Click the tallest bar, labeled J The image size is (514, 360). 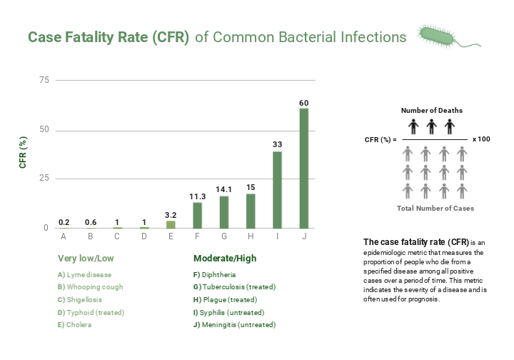pos(304,168)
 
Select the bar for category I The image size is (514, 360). pos(278,189)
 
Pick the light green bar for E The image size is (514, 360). pos(171,224)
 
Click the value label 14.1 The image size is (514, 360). pos(224,189)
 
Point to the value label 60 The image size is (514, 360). pos(304,102)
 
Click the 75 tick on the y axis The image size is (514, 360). pos(44,81)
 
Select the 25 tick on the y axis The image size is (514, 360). pos(44,179)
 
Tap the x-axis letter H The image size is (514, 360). pos(251,236)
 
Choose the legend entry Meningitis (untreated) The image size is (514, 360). pos(234,325)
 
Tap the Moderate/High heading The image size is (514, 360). pos(225,259)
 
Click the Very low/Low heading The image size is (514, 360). pos(86,259)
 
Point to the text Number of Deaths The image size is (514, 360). pos(431,111)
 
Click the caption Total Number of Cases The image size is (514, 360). pos(435,209)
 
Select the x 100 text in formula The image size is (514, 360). pos(481,139)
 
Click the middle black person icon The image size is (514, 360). pos(431,127)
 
